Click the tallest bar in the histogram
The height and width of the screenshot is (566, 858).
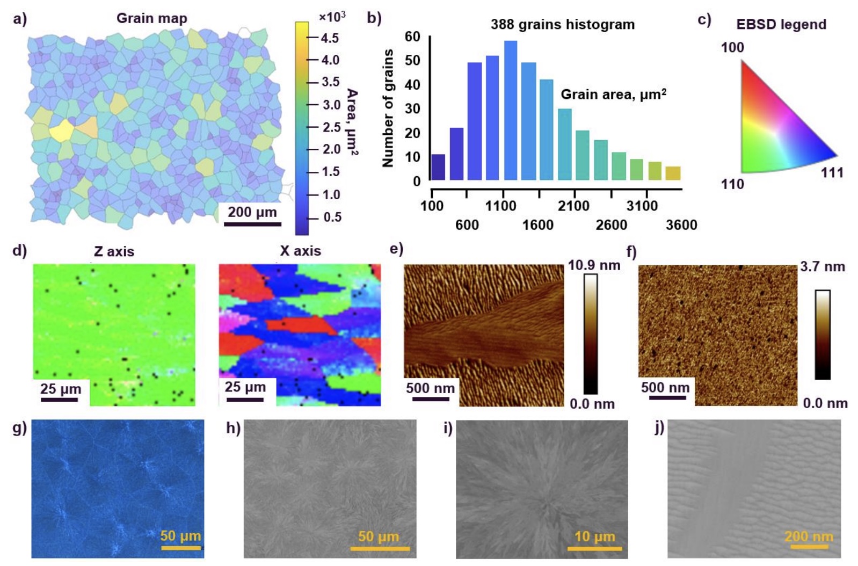511,111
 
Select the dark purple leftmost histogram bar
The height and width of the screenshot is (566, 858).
438,167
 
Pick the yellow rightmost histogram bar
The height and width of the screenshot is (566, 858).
673,173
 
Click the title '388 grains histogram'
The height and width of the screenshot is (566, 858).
563,25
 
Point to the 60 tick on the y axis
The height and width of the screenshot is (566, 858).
412,37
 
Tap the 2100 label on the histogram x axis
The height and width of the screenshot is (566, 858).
573,206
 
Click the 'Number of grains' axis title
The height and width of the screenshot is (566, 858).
388,108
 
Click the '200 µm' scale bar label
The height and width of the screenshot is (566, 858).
252,212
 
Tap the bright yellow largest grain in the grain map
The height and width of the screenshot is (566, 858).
61,130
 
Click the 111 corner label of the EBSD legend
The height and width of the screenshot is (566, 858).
832,173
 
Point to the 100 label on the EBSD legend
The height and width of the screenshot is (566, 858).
732,47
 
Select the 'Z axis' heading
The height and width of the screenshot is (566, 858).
114,251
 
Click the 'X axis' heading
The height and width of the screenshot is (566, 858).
300,251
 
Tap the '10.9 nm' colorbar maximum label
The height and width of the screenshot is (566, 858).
594,265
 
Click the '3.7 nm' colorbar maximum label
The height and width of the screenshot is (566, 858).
823,266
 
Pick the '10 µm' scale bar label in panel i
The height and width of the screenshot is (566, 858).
594,536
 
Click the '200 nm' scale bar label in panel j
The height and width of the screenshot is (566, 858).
809,536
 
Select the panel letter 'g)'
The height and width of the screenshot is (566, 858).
19,428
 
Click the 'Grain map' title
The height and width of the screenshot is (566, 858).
152,18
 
